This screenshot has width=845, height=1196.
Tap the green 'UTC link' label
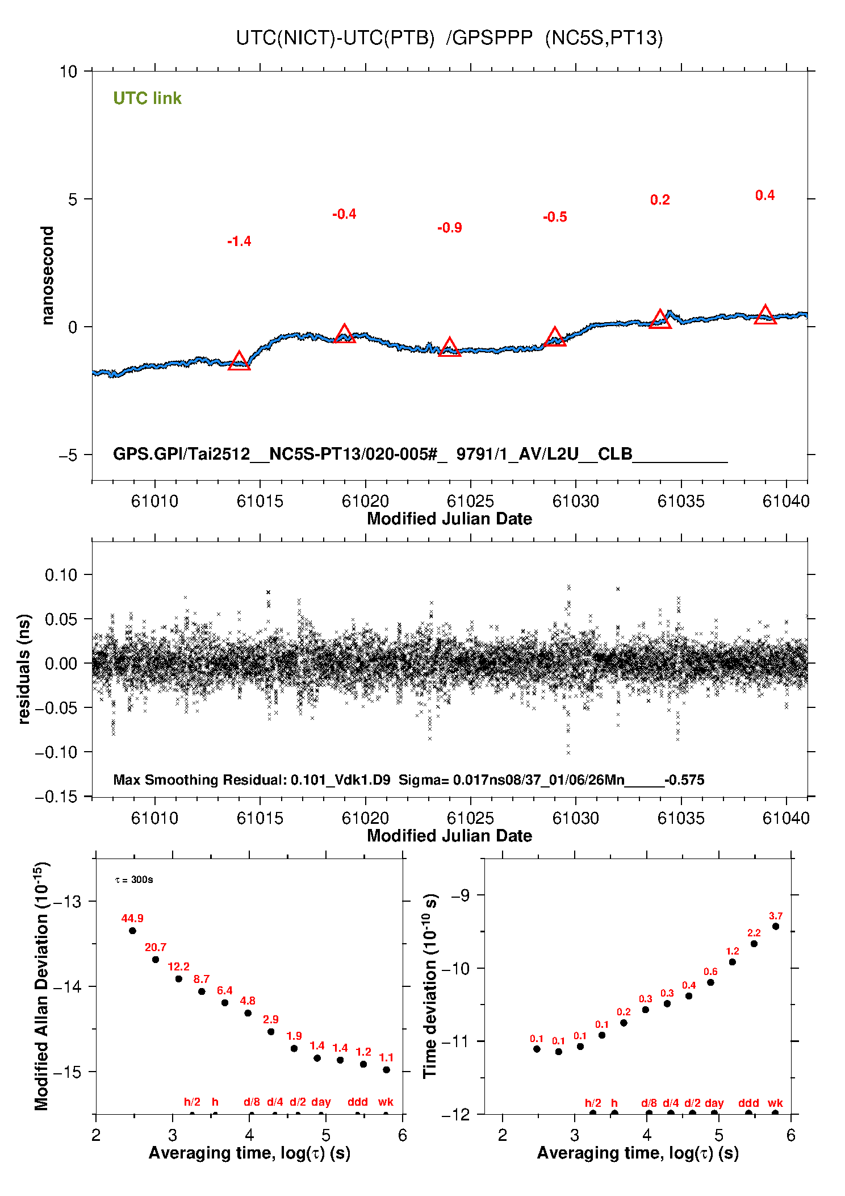pos(147,98)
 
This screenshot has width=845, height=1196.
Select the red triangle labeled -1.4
pos(239,361)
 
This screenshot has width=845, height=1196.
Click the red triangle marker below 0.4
pos(765,315)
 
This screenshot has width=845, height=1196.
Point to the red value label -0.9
pos(449,228)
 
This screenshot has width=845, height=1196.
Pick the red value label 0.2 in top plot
pos(660,200)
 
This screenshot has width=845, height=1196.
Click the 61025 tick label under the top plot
pos(470,501)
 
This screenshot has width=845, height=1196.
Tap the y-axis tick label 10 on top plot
pos(68,72)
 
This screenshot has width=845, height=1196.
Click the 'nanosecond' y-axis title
pos(48,276)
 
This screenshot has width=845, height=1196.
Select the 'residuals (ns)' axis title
pos(24,669)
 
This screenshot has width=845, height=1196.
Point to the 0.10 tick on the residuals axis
pos(61,575)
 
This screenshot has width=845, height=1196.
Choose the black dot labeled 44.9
pos(132,931)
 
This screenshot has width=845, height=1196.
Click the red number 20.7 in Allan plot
pos(155,947)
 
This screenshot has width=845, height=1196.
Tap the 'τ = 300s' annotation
pos(134,880)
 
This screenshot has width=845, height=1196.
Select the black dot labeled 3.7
pos(776,926)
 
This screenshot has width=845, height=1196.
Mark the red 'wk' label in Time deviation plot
pos(775,1103)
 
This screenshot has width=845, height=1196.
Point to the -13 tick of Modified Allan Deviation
pos(68,901)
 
